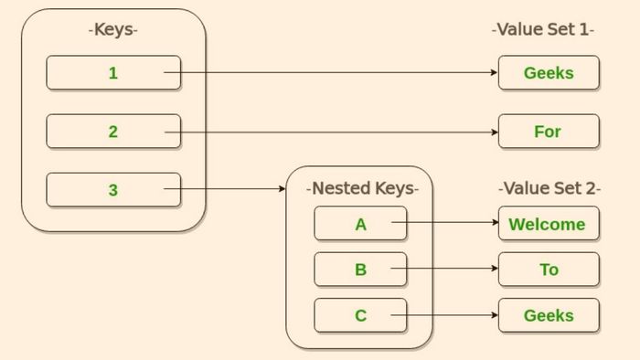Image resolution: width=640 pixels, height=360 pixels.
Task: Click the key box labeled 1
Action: pyautogui.click(x=113, y=73)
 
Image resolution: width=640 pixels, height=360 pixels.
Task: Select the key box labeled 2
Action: pyautogui.click(x=113, y=132)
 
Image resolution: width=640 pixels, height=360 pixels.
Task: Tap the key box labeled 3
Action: pyautogui.click(x=113, y=190)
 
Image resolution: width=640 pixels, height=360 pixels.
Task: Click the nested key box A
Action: pyautogui.click(x=360, y=224)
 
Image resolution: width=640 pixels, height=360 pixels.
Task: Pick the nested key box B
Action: pyautogui.click(x=360, y=270)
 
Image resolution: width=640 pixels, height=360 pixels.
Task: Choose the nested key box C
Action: pyautogui.click(x=360, y=315)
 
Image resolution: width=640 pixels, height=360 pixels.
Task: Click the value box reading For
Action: pyautogui.click(x=549, y=132)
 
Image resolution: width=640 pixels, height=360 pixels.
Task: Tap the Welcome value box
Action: pyautogui.click(x=549, y=224)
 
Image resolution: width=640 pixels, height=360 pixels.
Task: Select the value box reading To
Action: pyautogui.click(x=549, y=270)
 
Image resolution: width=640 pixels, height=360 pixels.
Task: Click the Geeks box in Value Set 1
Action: pyautogui.click(x=549, y=73)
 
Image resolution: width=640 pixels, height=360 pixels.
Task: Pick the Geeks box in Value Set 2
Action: pyautogui.click(x=549, y=315)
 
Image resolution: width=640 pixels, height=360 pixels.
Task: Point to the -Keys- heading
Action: pyautogui.click(x=113, y=30)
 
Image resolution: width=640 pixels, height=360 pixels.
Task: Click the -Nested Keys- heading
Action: pyautogui.click(x=362, y=189)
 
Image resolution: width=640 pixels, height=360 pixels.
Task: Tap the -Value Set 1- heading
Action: pyautogui.click(x=543, y=30)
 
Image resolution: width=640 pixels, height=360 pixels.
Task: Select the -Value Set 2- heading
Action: pyautogui.click(x=549, y=189)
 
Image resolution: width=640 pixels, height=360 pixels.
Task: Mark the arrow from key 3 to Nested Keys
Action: pyautogui.click(x=233, y=190)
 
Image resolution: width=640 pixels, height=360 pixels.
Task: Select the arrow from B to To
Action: pyautogui.click(x=453, y=269)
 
